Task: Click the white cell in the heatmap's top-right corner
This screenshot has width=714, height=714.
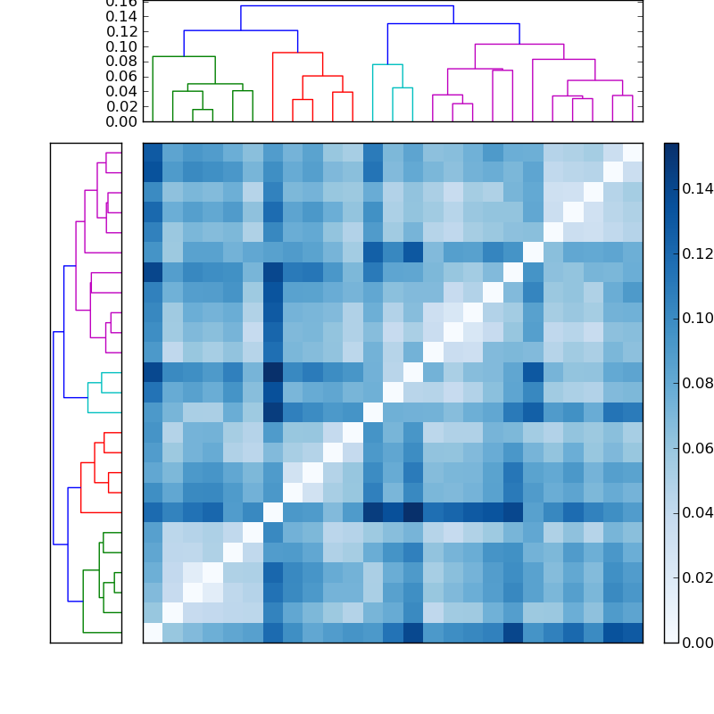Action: pyautogui.click(x=632, y=152)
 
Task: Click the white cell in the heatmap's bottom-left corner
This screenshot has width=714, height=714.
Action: pyautogui.click(x=153, y=632)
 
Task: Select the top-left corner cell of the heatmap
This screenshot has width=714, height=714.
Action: pyautogui.click(x=153, y=152)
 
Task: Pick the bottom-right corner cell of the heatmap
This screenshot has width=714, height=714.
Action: pyautogui.click(x=632, y=632)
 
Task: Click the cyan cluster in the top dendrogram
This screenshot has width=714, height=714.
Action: pyautogui.click(x=387, y=65)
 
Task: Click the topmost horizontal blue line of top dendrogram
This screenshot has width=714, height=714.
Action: pyautogui.click(x=346, y=6)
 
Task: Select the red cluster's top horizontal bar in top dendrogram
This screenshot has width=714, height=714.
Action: pyautogui.click(x=297, y=53)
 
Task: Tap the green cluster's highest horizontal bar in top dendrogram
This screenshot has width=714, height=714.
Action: pyautogui.click(x=184, y=57)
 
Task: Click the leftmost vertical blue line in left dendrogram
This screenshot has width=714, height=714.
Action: pyautogui.click(x=54, y=437)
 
